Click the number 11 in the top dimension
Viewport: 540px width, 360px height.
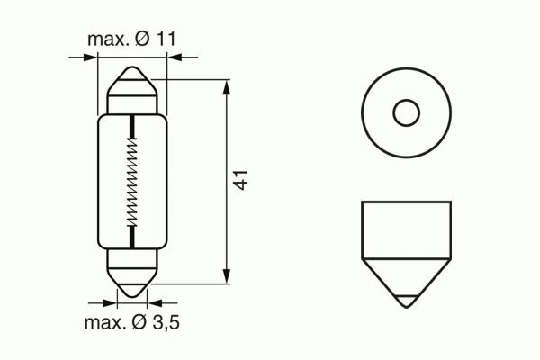click(x=166, y=39)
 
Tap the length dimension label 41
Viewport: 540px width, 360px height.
click(x=240, y=180)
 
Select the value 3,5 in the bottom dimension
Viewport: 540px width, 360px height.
click(x=166, y=322)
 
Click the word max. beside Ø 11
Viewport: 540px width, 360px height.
click(x=109, y=40)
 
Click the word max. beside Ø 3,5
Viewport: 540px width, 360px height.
click(x=105, y=323)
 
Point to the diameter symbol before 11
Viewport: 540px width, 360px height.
click(x=143, y=39)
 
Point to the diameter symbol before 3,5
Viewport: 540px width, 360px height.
click(x=139, y=322)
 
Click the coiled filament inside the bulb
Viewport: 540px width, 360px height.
click(x=132, y=182)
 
